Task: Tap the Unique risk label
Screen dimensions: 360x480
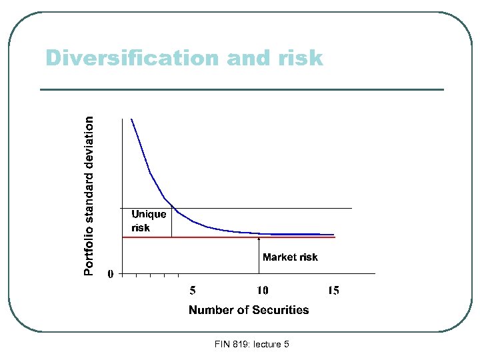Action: [x=148, y=221]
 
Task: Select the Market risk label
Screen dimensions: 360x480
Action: [x=290, y=257]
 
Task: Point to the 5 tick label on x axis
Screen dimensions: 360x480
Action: [x=193, y=290]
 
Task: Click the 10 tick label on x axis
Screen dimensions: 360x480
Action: [x=263, y=290]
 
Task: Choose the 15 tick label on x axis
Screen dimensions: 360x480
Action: [x=333, y=290]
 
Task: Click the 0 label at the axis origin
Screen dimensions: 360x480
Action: [x=111, y=273]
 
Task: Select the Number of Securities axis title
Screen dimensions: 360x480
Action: [x=249, y=309]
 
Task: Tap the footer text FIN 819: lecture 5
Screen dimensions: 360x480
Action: [x=252, y=344]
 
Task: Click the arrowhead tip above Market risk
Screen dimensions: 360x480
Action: [x=259, y=234]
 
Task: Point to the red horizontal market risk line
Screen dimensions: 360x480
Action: [x=300, y=237]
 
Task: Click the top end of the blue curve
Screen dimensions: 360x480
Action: [x=132, y=120]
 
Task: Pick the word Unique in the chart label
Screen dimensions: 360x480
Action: [x=149, y=214]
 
